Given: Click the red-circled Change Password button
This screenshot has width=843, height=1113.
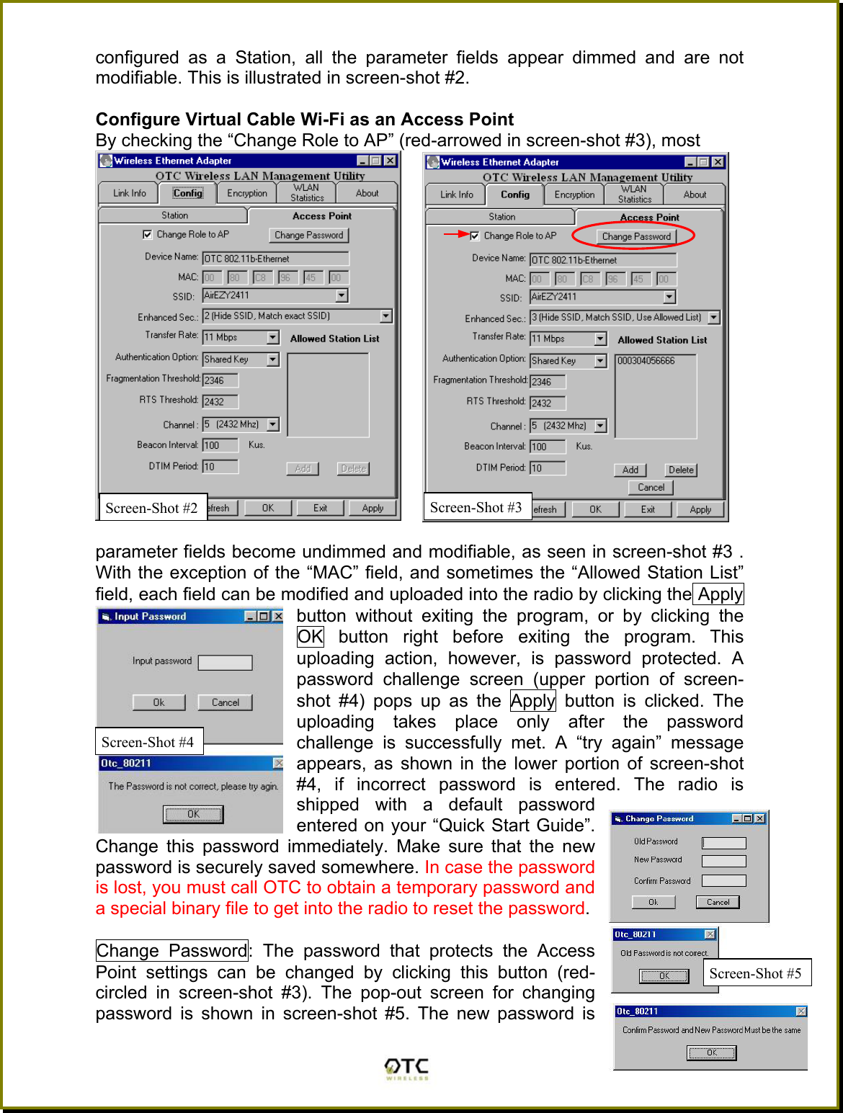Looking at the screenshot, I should coord(636,236).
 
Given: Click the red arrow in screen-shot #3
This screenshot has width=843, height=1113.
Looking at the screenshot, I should coord(456,234).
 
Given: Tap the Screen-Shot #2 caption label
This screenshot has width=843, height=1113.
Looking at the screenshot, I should coord(151,508).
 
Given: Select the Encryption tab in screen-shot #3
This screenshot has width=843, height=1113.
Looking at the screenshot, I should coord(574,195).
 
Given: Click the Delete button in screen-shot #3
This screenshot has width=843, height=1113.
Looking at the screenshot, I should coord(681,470).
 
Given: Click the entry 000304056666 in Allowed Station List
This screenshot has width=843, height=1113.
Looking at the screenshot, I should coord(646,361).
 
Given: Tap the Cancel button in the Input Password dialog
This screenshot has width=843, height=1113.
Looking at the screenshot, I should coord(226,702).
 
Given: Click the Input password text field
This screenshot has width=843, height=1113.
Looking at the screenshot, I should coord(225,662).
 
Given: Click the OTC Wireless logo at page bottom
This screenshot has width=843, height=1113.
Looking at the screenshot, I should coord(406,1068).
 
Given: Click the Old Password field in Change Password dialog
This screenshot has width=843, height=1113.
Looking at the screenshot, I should coord(723,842).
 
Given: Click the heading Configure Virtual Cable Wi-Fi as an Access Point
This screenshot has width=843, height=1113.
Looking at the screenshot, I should coord(305,120).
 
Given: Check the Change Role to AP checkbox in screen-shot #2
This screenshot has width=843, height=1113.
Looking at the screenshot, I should coord(148,234).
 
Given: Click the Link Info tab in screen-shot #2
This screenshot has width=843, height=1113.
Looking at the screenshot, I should coord(130,193).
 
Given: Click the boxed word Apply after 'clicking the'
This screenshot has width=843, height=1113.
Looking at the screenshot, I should coord(719,594).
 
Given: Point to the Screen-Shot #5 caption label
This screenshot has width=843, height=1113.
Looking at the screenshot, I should coord(755,973).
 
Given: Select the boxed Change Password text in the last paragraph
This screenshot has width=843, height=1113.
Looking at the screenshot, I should coord(171,951).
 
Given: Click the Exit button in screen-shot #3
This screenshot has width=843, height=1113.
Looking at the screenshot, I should coord(648,509).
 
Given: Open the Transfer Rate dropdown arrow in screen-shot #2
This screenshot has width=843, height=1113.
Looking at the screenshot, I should coord(273,337).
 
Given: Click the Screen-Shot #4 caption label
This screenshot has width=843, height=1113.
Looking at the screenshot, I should coord(148,742).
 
